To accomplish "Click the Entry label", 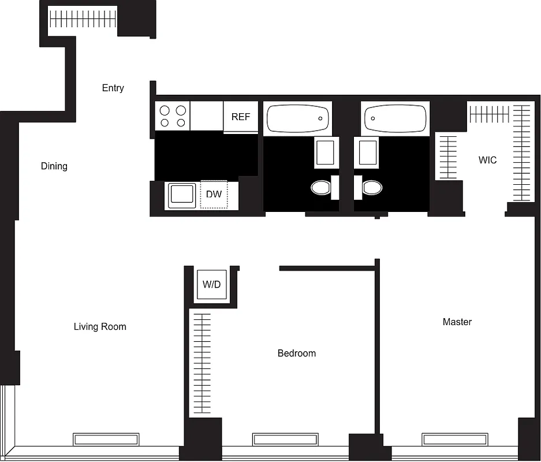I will coord(113,88).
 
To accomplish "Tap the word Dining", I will coord(54,166).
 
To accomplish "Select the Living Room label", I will coord(100,327).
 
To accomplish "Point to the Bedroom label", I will coord(297,353).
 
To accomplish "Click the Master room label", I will coord(457,322).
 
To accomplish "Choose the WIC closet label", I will coord(487,160).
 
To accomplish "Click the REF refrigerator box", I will coord(241,117).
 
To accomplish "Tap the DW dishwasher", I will coord(214,195).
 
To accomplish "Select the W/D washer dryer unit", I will coord(211,285).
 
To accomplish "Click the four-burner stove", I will coord(173,116).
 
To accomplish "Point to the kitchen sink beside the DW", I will coord(182,195).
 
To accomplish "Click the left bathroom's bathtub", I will coord(298,118).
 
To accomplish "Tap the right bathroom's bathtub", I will coord(396,118).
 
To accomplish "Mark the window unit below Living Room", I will coord(106,439).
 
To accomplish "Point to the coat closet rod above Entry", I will coord(83,21).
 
